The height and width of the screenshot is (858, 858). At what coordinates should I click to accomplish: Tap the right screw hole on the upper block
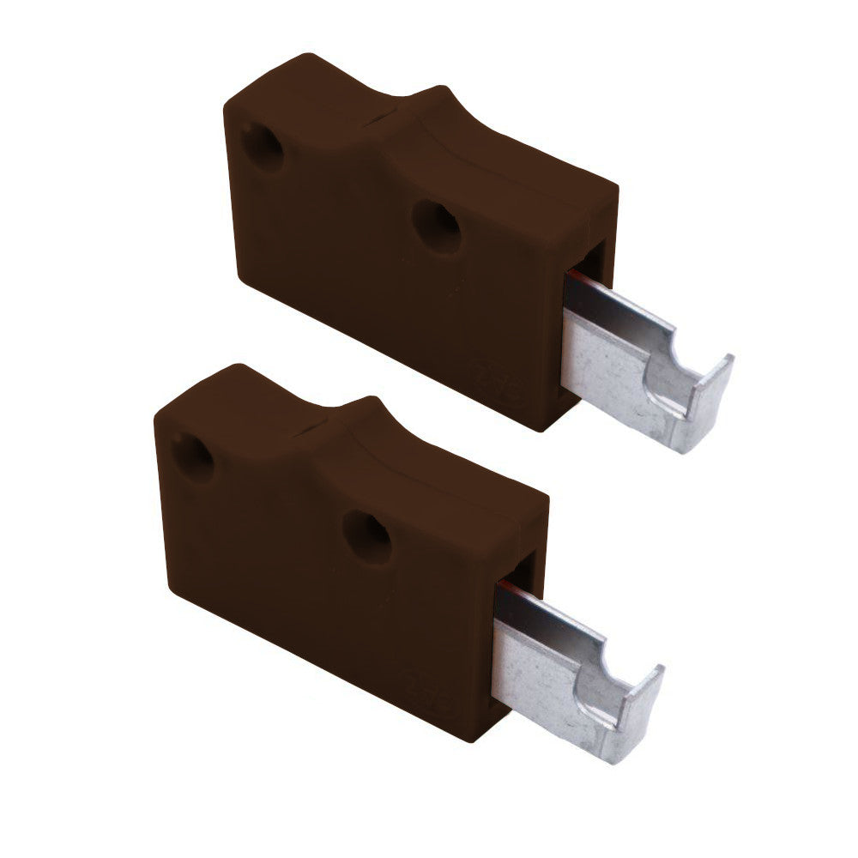pos(437,226)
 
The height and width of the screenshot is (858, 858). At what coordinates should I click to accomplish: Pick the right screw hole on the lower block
pos(367,536)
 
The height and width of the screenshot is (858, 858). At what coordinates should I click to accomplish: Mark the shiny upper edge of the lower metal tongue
pos(549,613)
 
